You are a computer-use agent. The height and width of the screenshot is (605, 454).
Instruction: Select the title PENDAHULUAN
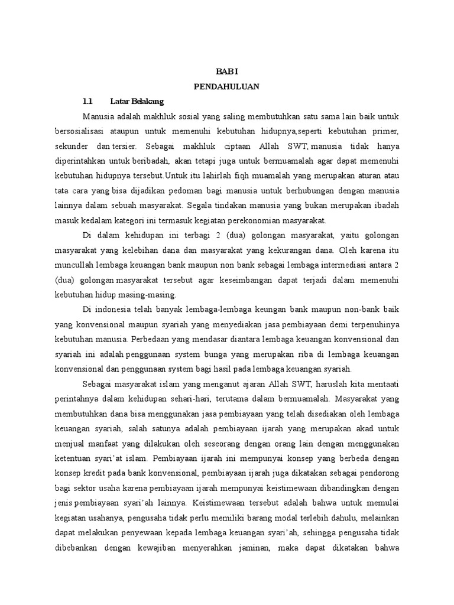point(227,86)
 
